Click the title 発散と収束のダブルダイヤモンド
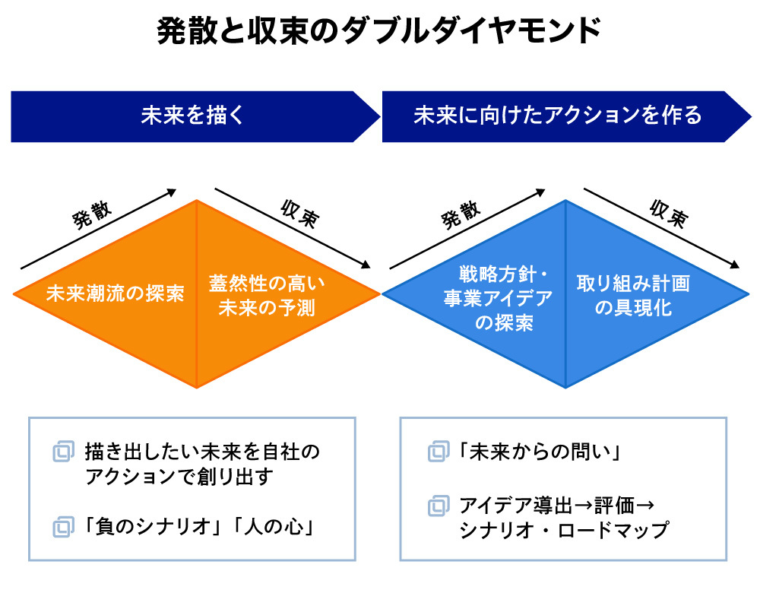pos(379,32)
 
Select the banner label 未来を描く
pos(193,116)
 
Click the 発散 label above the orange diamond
pos(92,217)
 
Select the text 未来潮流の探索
pos(115,293)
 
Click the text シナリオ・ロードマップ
pos(563,530)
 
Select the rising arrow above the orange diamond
pos(99,230)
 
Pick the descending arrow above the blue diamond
pos(661,228)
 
